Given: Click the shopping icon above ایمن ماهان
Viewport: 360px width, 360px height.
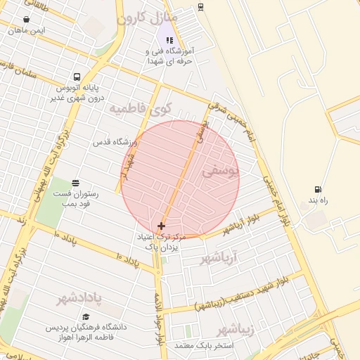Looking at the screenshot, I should pos(27,20).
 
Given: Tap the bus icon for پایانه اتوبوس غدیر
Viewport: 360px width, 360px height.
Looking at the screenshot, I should pos(76,77).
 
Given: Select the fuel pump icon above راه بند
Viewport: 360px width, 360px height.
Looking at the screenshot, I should pos(319,189).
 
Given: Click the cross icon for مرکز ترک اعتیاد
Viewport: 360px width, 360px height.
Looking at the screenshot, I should pos(162,226).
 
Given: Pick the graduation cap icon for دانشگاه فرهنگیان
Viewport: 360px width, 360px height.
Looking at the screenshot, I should pos(86,317).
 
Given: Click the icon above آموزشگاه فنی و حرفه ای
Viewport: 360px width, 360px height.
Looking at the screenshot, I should pos(169,40).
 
